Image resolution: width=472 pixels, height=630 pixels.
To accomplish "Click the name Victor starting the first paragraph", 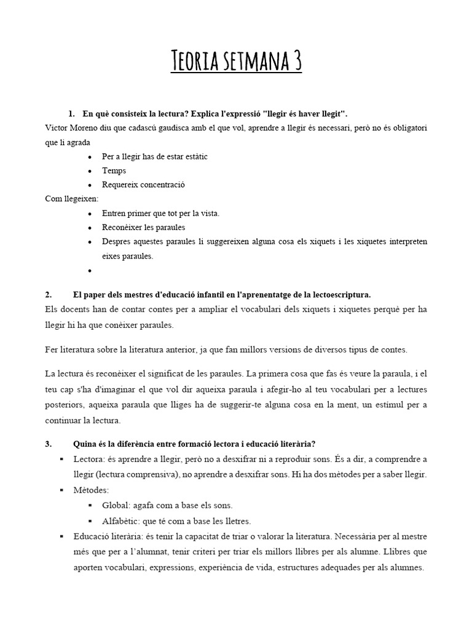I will point(57,128).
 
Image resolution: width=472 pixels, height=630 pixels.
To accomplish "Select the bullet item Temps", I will point(114,170).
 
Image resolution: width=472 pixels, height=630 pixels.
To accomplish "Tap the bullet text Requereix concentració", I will point(143,185).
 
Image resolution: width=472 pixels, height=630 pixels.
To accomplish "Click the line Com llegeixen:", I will point(68,199).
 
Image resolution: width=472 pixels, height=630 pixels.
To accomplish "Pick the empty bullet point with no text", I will point(90,271).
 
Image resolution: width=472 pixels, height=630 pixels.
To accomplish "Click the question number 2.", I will point(49,294).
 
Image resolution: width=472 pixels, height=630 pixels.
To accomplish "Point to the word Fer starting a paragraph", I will point(52,350).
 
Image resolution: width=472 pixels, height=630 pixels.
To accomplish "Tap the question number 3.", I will point(49,444).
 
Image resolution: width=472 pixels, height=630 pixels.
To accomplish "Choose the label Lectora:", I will point(89,459).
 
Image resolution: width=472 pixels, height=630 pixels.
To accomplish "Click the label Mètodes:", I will point(91,490).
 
